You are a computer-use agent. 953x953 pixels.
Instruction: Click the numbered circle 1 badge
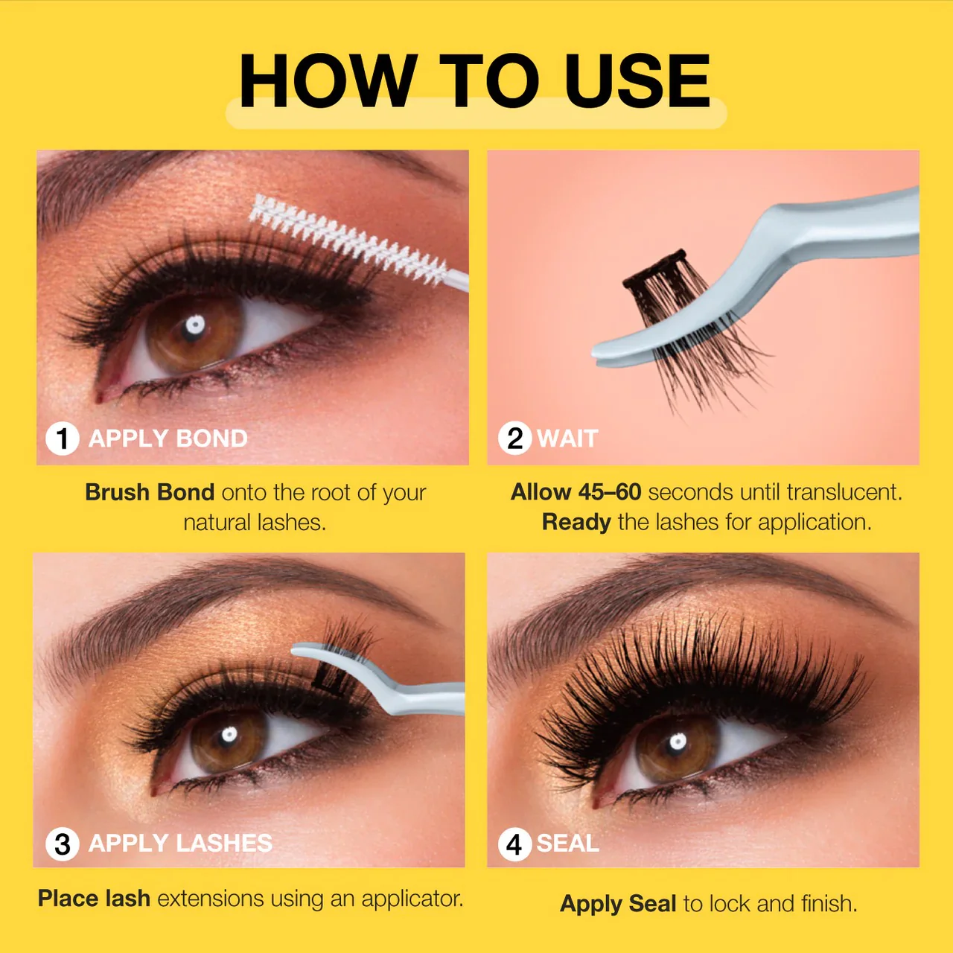63,439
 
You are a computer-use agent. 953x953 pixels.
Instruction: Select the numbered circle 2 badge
514,439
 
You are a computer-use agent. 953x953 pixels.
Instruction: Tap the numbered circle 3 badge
63,844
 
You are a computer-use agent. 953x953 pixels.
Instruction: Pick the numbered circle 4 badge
514,844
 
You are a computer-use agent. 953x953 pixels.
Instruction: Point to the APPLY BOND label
168,439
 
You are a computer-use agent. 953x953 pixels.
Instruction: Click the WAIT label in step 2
568,439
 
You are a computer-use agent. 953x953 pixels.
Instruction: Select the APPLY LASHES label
180,844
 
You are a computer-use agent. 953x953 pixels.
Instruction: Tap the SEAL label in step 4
568,844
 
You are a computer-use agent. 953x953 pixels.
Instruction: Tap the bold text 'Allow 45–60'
576,493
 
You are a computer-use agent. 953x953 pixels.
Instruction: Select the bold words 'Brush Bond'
150,493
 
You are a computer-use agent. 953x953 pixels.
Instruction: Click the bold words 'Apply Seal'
618,904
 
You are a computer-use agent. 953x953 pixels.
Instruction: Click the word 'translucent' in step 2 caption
845,493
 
